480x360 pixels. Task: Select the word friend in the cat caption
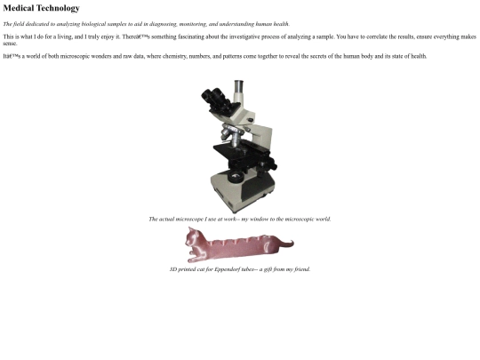tap(301, 269)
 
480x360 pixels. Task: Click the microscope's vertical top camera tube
tap(238, 91)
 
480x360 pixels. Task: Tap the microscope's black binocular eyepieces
tap(215, 98)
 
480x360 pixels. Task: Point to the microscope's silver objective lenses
tap(232, 136)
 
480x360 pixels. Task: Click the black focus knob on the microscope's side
tap(272, 164)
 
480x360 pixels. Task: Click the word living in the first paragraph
tap(65, 37)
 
